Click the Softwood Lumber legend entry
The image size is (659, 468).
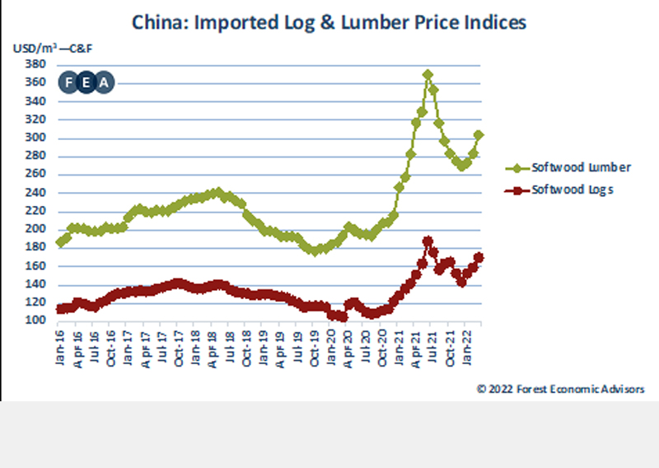tap(568, 167)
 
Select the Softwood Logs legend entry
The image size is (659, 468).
tap(568, 190)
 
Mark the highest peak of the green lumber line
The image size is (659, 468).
tap(428, 74)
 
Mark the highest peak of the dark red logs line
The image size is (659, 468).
tap(428, 241)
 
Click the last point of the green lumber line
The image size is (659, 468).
tap(479, 134)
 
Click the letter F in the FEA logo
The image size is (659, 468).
tap(68, 82)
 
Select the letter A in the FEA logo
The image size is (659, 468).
tap(104, 82)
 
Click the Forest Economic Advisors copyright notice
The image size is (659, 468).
tap(560, 388)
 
